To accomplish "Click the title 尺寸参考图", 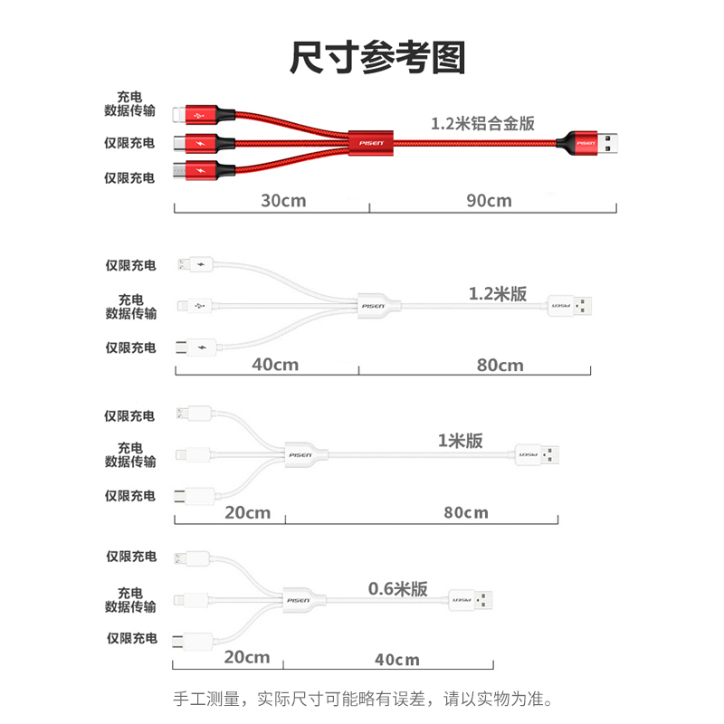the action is [377, 58].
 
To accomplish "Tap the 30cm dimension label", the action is [283, 200].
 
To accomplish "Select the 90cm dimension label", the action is [489, 200].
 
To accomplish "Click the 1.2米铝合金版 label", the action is [482, 122].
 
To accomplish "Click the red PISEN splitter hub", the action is [372, 142].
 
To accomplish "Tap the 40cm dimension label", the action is [275, 365].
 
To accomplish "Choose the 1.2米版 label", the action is [498, 294].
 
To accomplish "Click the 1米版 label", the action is [460, 441].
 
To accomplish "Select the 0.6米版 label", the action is [398, 588].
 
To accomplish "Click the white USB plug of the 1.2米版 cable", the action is [571, 306].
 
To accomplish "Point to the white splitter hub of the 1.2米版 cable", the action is [372, 306].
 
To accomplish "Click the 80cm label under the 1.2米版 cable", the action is [500, 365].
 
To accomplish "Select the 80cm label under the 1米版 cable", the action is [466, 512].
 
